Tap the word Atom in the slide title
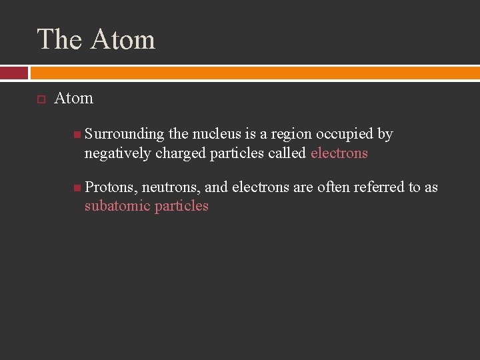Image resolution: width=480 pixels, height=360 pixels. (x=123, y=39)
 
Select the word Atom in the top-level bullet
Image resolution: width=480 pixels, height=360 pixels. (x=73, y=98)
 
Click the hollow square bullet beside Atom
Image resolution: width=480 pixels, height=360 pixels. (x=41, y=99)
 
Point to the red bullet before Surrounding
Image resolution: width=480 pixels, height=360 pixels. (x=78, y=135)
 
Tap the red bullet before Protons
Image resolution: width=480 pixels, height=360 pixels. (x=78, y=187)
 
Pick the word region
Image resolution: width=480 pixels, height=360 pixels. (x=291, y=134)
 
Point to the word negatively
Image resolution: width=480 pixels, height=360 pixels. (x=118, y=153)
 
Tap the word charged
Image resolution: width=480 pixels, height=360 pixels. (x=181, y=153)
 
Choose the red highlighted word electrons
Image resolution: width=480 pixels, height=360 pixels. (x=339, y=153)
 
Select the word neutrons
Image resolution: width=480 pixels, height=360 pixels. (x=170, y=187)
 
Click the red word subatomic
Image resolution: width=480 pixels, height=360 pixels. (x=117, y=206)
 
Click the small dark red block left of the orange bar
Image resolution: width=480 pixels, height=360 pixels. (x=14, y=73)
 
